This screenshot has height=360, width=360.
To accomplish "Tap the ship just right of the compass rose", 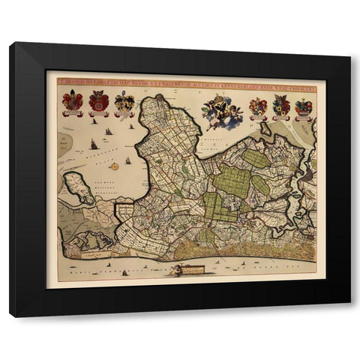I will coord(128,160).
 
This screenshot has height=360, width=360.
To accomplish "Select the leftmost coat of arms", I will coord(73,100).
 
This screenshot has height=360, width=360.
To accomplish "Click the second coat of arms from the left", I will coord(98,100).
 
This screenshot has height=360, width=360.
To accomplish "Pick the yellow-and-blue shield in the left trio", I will coord(124,101).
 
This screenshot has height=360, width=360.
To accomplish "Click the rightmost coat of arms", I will coord(303,107).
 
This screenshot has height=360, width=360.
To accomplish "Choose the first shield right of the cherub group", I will coord(258,107).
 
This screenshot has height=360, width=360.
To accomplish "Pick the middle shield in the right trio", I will coord(281,107).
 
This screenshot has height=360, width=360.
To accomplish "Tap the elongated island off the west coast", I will coord(80,187).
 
